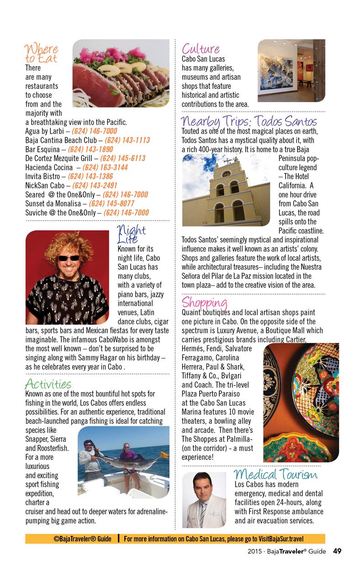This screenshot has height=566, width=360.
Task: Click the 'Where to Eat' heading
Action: point(41,53)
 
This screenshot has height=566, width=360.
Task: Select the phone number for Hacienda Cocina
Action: point(105,167)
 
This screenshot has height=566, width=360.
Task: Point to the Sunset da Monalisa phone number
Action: point(112,203)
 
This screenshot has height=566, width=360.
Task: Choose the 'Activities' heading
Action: point(48,383)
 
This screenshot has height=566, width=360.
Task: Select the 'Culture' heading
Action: point(201,49)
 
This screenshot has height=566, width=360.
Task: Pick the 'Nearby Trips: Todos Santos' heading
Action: point(249,122)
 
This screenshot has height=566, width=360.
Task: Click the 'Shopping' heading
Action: point(205,302)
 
